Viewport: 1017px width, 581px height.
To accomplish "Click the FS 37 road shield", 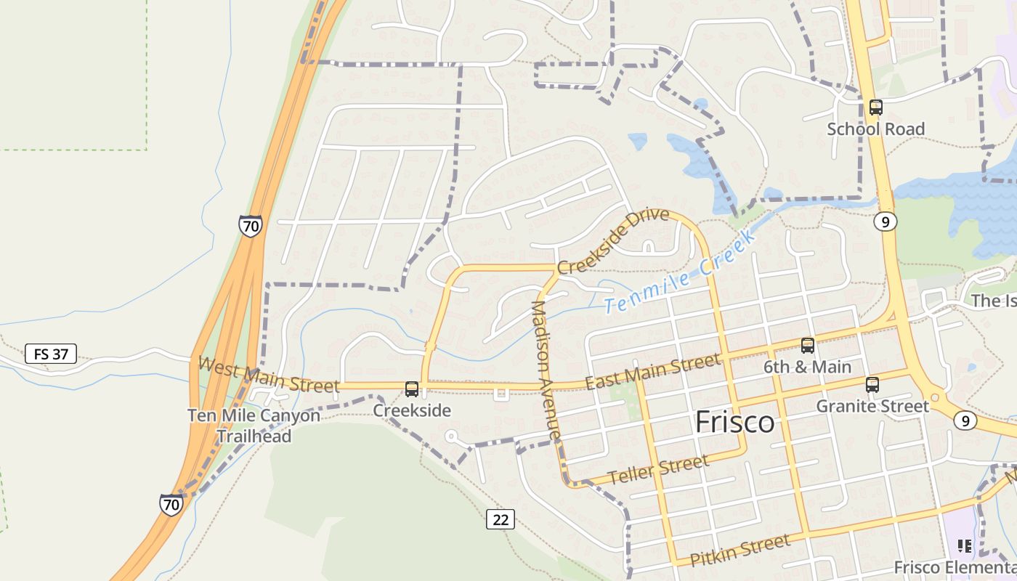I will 50,354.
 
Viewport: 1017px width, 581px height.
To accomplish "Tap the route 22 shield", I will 501,519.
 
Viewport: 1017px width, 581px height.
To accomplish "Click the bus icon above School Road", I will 876,107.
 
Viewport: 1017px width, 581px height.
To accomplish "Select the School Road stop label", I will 876,129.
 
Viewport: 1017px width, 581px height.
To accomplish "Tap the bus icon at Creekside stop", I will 412,389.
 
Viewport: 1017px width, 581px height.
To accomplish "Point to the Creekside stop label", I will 412,410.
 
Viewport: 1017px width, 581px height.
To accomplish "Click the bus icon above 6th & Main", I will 807,346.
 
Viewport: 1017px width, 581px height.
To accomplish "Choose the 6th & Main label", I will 807,367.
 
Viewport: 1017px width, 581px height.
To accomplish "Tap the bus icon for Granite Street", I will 872,385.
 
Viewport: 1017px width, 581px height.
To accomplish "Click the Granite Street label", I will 872,406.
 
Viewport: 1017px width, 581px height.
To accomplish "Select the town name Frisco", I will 734,422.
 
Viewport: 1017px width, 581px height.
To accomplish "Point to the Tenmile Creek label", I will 680,273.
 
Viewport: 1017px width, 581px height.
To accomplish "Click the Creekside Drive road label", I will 612,241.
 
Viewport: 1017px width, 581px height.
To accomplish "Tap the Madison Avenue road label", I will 546,370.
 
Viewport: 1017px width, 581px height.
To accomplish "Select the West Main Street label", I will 268,375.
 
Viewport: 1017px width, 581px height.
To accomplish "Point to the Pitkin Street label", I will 740,550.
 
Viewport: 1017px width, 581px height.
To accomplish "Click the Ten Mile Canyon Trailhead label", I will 254,426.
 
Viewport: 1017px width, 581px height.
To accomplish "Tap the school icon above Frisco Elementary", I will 964,546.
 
